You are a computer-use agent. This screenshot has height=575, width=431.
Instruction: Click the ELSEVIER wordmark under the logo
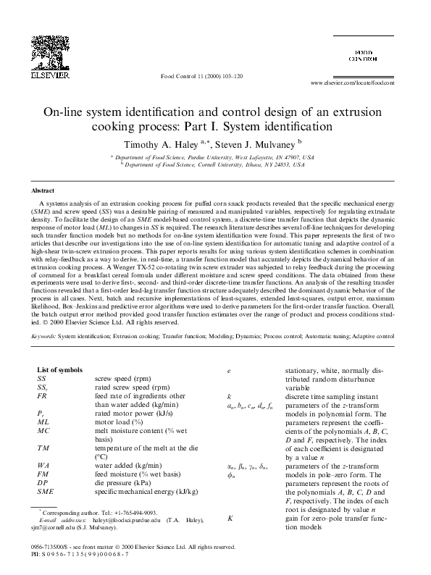pyautogui.click(x=54, y=73)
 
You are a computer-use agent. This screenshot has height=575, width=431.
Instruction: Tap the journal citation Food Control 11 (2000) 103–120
pyautogui.click(x=196, y=75)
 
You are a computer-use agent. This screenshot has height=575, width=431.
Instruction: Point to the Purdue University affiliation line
pyautogui.click(x=215, y=156)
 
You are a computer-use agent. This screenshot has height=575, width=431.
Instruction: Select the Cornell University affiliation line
pyautogui.click(x=215, y=164)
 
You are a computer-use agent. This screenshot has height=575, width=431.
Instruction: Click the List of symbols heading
pyautogui.click(x=61, y=369)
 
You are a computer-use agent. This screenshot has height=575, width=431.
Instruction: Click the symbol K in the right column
pyautogui.click(x=230, y=518)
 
